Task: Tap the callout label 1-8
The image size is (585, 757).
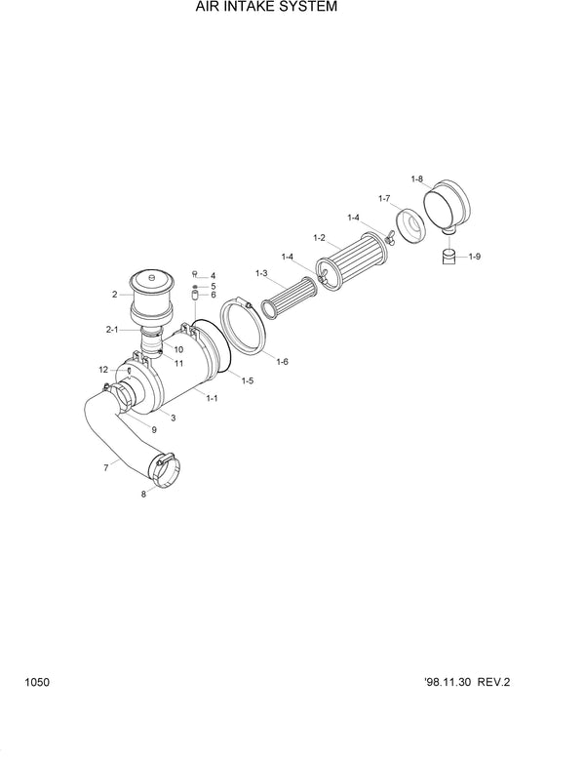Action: click(417, 179)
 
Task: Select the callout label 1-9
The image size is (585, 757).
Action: click(475, 257)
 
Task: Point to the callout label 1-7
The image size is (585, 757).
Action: click(384, 198)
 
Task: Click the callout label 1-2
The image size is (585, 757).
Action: click(319, 237)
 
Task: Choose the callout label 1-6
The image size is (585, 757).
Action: click(282, 362)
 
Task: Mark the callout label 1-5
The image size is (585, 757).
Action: click(248, 379)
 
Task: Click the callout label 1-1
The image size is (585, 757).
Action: click(213, 397)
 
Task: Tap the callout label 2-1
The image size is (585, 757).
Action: click(112, 331)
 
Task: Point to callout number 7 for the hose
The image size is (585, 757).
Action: click(105, 468)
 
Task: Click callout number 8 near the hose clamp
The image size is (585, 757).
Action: click(144, 495)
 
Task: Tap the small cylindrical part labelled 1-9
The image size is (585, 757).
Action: click(449, 257)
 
